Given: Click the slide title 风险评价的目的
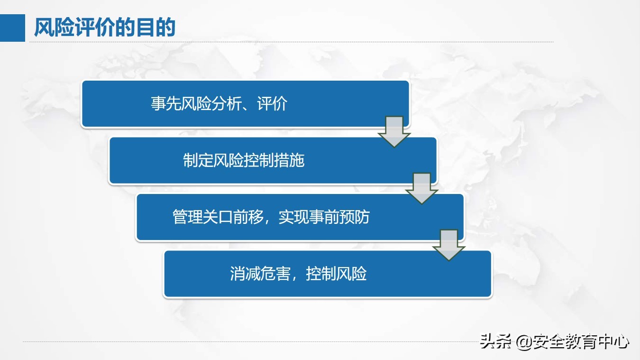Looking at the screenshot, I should point(105,28).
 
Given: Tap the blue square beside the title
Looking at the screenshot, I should point(12,28).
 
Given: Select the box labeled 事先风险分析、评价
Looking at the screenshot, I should point(245,104).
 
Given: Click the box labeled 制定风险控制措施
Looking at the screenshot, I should point(273,160).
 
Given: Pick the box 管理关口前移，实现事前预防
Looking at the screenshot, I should point(300,217).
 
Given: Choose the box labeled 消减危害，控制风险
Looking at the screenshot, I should point(327,274).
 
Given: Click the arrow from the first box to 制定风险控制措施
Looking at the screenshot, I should point(394,131).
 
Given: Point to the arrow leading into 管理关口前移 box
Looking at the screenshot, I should point(421,188).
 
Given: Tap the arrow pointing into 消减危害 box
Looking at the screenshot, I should point(449,245).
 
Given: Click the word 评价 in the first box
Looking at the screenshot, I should point(272,104).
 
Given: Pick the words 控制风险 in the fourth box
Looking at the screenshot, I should point(337,274).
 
